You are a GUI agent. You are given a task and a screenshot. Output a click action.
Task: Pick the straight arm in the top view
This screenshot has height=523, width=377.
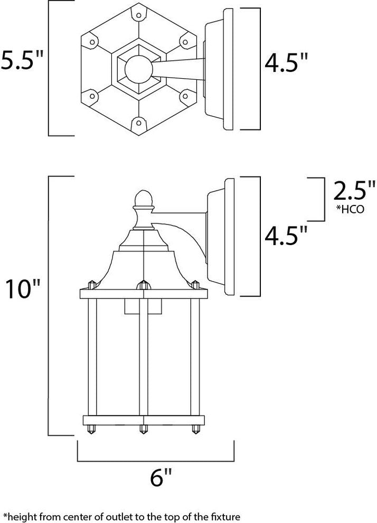(180, 68)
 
